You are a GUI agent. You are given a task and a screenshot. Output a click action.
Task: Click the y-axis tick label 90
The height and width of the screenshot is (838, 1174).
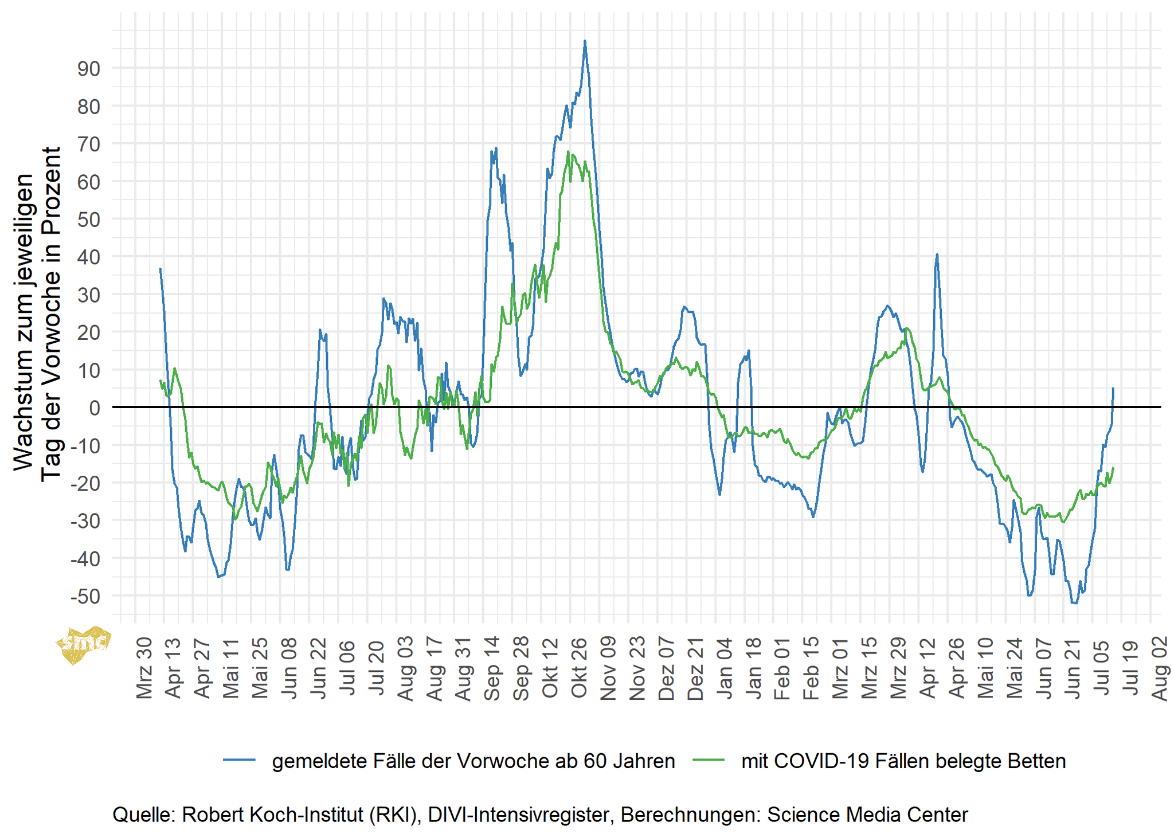point(88,69)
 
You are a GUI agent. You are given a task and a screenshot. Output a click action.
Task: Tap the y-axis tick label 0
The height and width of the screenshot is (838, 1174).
point(94,408)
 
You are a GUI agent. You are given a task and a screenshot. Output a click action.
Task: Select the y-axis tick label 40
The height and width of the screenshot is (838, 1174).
point(88,257)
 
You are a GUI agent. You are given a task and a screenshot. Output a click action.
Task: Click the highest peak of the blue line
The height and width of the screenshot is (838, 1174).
point(585,41)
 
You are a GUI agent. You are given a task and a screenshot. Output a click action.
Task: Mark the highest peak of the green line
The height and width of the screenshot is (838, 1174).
point(568,152)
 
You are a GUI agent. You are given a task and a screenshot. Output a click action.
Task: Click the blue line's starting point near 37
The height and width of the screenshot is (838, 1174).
point(160,268)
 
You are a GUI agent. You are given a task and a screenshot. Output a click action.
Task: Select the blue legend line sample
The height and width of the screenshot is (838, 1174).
point(239,760)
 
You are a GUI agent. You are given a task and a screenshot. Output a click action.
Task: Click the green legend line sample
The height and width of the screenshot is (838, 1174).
point(709,760)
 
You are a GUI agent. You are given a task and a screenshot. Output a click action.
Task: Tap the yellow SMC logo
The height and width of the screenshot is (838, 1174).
point(83,643)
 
